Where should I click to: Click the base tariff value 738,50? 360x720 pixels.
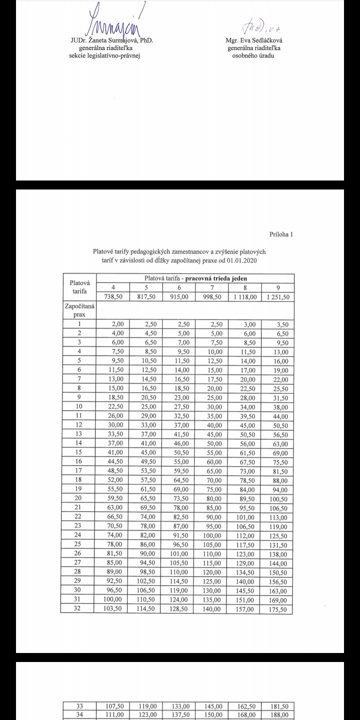point(113,296)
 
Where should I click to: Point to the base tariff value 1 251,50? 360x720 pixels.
point(277,296)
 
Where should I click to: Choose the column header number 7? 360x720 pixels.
point(212,287)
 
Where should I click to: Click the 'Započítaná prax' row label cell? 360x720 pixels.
point(78,309)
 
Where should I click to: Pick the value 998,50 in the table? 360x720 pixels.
point(212,296)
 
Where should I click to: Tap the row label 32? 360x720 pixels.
point(78,609)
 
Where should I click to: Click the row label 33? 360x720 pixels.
point(78,706)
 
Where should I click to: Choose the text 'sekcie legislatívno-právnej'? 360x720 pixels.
point(104,55)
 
